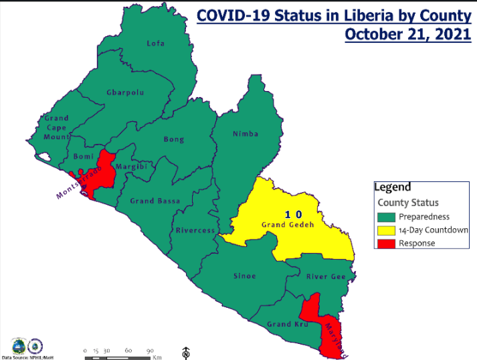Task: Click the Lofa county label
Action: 156,43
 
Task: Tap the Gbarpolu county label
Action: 125,92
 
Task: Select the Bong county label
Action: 174,139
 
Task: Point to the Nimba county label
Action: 246,134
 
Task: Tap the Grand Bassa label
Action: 151,201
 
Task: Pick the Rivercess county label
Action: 195,230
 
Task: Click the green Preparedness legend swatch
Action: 386,217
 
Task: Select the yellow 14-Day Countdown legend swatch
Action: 386,230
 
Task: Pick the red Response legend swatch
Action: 386,243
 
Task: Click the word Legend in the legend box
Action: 393,187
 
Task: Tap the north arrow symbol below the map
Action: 186,352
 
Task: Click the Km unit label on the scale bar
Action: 157,357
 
